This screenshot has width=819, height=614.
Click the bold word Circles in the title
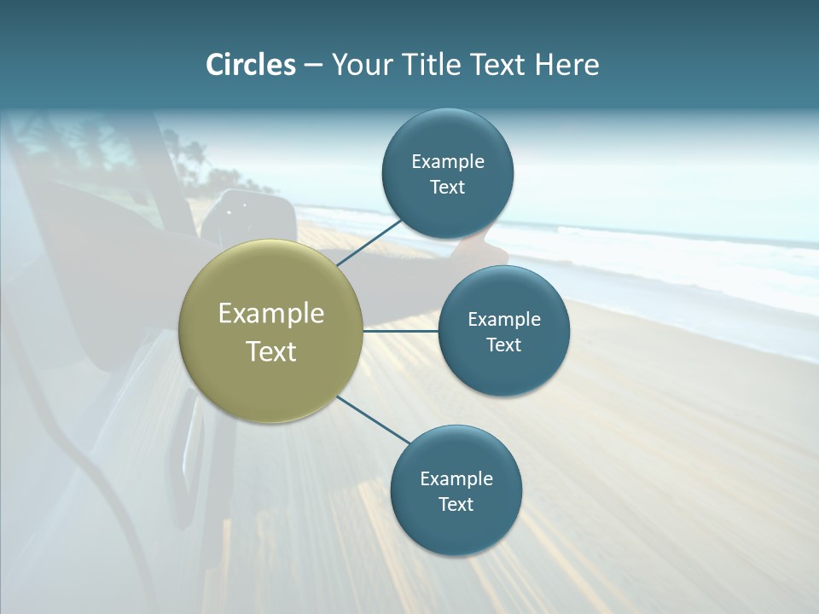pyautogui.click(x=251, y=65)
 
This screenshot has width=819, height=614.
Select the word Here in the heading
pyautogui.click(x=566, y=65)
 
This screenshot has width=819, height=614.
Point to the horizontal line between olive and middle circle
pyautogui.click(x=401, y=331)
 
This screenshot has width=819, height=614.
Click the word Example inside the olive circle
pyautogui.click(x=271, y=314)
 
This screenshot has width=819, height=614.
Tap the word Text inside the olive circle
pyautogui.click(x=271, y=351)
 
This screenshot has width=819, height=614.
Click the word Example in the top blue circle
pyautogui.click(x=448, y=161)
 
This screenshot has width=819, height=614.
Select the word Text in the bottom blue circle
pyautogui.click(x=456, y=504)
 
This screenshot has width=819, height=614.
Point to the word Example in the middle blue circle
pyautogui.click(x=504, y=319)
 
